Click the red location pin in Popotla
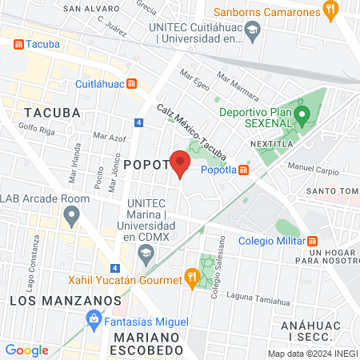pos(180,162)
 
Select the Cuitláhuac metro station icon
pos(132,82)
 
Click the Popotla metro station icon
pos(243,170)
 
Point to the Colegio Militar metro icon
pos(314,241)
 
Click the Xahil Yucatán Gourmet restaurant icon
pos(191,278)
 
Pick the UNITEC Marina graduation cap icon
pos(145,255)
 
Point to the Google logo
pos(26,350)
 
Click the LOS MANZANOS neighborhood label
pos(54,300)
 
